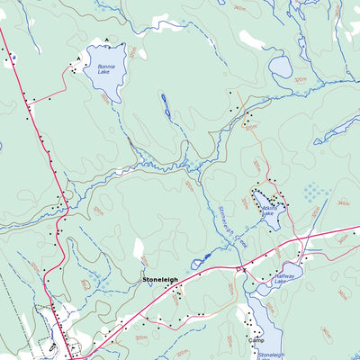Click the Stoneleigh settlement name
click(x=159, y=281)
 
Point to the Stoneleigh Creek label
click(x=233, y=221)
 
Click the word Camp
click(x=256, y=341)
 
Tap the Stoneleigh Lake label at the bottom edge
click(x=271, y=355)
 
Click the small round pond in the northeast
click(x=281, y=67)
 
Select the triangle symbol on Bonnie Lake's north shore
click(x=106, y=40)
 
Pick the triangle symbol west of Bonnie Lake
click(x=79, y=58)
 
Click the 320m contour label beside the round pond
click(x=300, y=79)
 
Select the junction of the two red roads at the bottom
click(x=69, y=355)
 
